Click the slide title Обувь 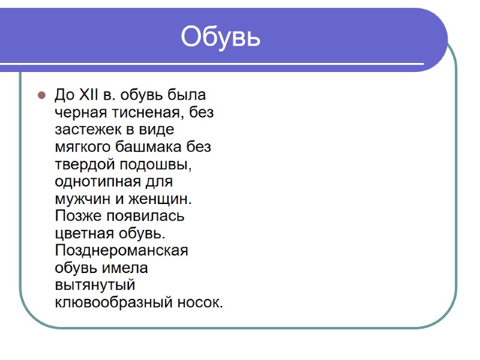[x=221, y=37]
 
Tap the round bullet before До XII [x=41, y=95]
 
